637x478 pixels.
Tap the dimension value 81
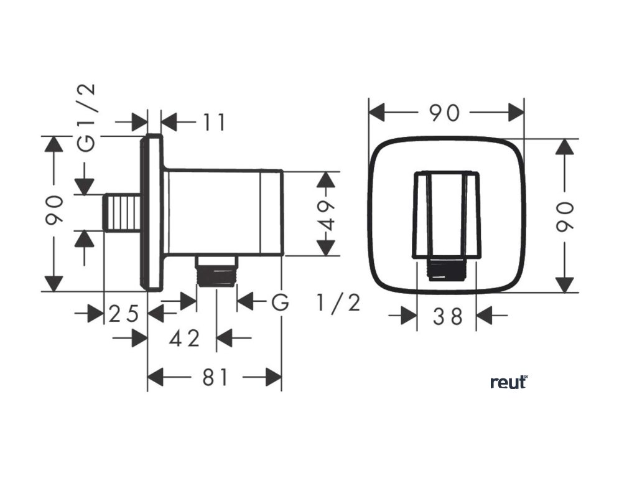click(x=215, y=377)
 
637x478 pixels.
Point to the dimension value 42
click(x=185, y=339)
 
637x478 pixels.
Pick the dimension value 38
click(x=448, y=316)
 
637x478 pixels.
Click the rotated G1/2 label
click(x=88, y=117)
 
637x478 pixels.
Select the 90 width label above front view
click(x=445, y=113)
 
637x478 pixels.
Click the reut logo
click(x=509, y=382)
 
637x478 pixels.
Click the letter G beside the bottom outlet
click(x=281, y=303)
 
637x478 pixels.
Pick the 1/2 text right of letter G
click(x=338, y=303)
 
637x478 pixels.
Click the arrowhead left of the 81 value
click(x=156, y=377)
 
